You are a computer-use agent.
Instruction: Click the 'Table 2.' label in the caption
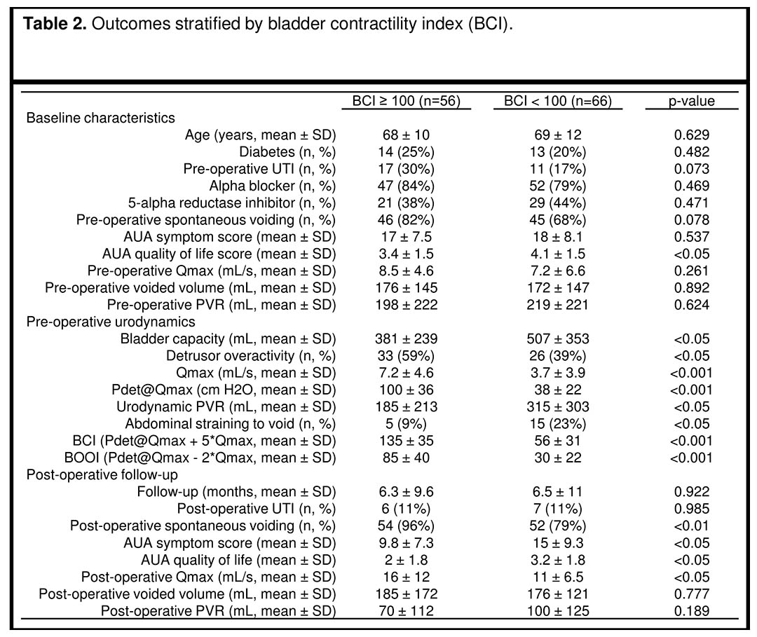55,24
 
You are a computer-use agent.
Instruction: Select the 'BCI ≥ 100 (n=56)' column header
406,101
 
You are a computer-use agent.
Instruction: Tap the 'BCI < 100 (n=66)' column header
558,101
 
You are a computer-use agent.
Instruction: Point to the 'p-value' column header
691,102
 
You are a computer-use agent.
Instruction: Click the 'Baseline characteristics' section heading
100,118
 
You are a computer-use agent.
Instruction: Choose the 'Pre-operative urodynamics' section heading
111,322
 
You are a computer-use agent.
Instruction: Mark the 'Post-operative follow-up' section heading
102,475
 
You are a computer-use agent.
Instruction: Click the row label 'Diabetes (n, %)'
287,152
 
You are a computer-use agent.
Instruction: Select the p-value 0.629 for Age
691,135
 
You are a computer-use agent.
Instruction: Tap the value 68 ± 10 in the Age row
406,135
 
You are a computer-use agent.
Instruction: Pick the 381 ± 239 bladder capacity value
406,338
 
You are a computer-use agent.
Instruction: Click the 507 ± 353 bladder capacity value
558,338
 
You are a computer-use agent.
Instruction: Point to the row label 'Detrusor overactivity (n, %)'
251,356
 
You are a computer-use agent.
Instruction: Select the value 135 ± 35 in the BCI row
406,441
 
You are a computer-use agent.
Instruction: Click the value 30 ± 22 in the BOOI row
558,458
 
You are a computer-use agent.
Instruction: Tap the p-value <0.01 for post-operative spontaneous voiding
691,526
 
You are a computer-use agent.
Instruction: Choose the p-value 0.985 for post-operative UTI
691,509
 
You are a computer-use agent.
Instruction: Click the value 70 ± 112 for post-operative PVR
406,611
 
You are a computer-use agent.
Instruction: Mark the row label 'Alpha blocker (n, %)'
272,186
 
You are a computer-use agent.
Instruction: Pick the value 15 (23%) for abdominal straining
558,424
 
